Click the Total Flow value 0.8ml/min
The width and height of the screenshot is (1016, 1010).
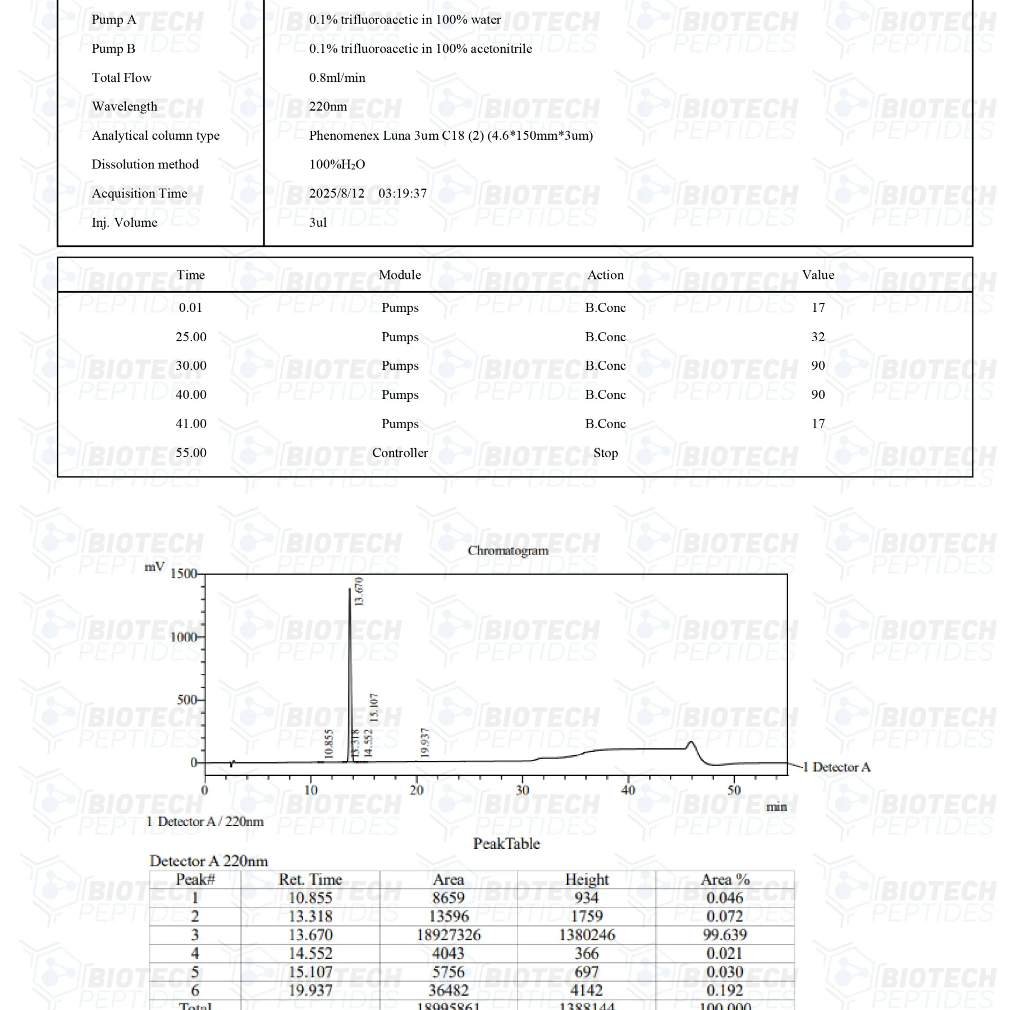pos(337,77)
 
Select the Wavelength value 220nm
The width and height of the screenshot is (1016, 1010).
pos(328,107)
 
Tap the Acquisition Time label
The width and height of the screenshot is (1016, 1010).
pos(139,194)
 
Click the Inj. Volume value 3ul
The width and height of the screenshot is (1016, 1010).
pos(318,223)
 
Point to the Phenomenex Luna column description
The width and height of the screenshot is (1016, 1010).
pos(451,136)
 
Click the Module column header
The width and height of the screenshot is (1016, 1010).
pos(400,275)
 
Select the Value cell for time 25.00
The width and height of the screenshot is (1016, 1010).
pos(818,337)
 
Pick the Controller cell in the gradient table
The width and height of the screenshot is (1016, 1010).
pos(400,453)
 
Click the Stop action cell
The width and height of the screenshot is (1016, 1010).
pos(605,453)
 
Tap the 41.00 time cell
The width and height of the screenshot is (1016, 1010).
pos(191,424)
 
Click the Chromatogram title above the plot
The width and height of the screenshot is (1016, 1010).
pos(507,550)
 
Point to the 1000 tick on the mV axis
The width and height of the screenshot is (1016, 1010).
pos(183,637)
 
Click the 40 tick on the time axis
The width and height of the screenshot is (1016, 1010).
pos(628,790)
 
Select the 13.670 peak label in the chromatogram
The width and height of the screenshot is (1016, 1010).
pos(359,591)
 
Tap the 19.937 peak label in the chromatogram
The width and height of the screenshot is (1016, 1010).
pos(425,742)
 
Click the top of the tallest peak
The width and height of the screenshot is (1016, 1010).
pos(350,589)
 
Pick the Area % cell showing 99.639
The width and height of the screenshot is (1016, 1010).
pos(725,935)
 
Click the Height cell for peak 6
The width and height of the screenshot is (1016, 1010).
pos(586,990)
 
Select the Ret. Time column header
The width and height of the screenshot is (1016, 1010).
pos(310,879)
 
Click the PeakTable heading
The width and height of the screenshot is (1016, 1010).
pos(506,844)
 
